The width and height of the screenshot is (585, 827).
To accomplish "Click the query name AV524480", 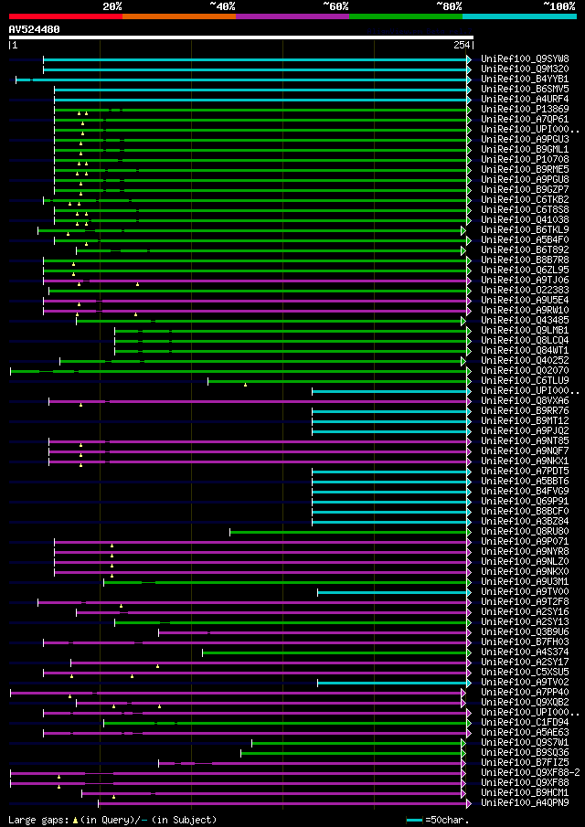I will tap(35, 29).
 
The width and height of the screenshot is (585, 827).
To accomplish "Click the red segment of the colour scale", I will tap(65, 16).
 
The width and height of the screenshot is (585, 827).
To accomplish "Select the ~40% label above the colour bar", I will tap(222, 6).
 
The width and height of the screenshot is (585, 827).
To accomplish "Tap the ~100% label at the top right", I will tap(559, 6).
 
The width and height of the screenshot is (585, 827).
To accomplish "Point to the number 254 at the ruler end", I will tap(461, 45).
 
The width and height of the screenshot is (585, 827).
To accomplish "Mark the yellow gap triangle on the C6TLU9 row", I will tap(245, 384).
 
